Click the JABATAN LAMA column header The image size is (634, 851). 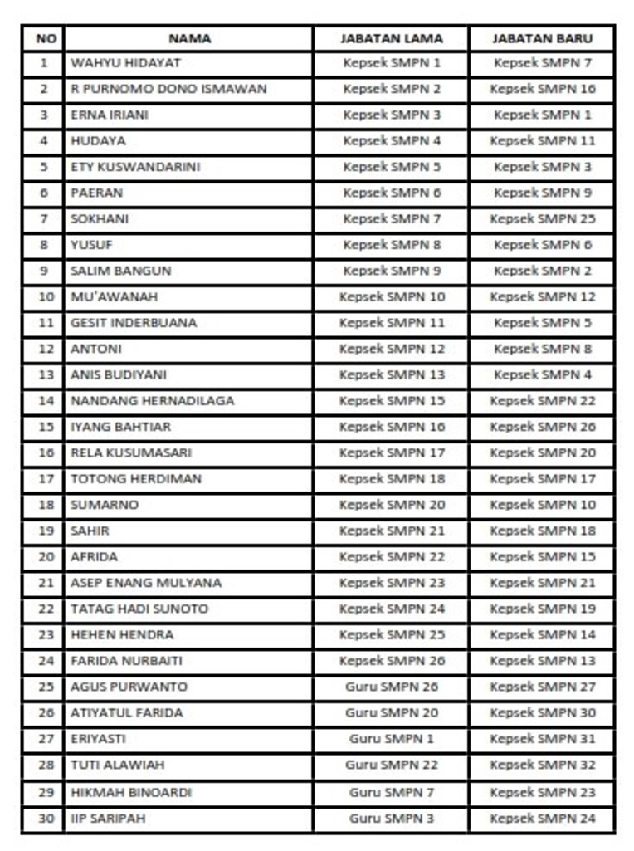(392, 38)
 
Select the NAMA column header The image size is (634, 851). (189, 38)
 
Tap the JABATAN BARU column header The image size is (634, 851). (542, 38)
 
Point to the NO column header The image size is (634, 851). (46, 38)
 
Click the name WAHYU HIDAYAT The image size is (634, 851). (125, 63)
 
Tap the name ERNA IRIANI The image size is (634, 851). (110, 115)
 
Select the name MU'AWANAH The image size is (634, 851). (115, 297)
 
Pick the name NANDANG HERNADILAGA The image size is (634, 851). (153, 401)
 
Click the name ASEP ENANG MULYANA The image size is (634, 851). (146, 583)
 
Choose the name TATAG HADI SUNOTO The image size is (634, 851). (139, 609)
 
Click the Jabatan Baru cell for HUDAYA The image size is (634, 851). (543, 141)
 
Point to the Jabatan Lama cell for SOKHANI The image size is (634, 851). (392, 219)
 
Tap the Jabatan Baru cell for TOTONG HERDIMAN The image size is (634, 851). (543, 479)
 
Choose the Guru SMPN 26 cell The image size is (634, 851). (392, 687)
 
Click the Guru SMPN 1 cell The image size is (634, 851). (392, 739)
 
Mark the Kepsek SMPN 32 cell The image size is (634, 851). (543, 765)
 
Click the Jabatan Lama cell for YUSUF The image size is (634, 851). (392, 245)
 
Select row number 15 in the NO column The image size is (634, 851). (46, 427)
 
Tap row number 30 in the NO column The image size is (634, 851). (46, 819)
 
